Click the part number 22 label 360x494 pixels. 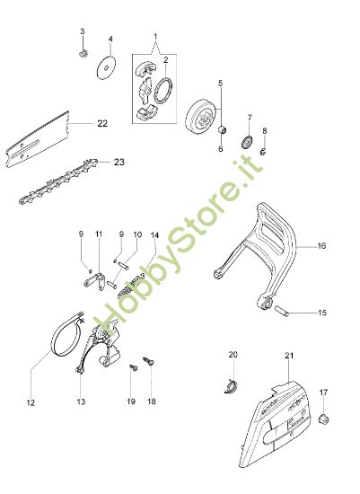pyautogui.click(x=102, y=124)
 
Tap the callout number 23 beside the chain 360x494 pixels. pyautogui.click(x=119, y=163)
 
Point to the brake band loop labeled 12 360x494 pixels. pyautogui.click(x=64, y=337)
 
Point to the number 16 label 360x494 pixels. pyautogui.click(x=321, y=244)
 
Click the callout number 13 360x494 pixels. pyautogui.click(x=80, y=402)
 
